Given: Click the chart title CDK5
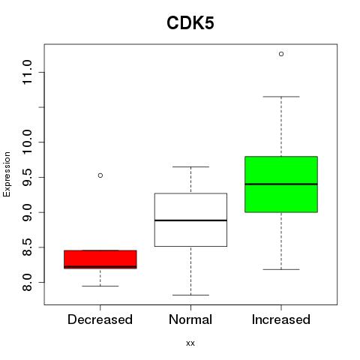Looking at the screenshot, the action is (x=190, y=23).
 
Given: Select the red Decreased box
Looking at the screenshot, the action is (x=100, y=259).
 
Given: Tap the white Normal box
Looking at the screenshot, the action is (x=190, y=220).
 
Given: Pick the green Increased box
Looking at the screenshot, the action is (x=281, y=184).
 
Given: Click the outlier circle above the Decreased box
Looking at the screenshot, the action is (x=100, y=175).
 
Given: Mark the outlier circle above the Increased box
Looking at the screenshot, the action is (x=281, y=54).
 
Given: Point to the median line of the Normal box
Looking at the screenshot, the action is (x=190, y=220).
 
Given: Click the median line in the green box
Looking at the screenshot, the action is (x=281, y=184).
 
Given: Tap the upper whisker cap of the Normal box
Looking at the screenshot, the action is (x=190, y=166).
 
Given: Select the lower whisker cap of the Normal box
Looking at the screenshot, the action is (x=190, y=295).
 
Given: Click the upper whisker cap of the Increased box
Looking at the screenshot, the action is (x=281, y=97).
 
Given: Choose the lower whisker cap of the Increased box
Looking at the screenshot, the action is (x=281, y=269).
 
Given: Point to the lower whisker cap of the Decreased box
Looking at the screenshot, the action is (x=100, y=286).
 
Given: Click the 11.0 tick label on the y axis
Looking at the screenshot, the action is (x=27, y=72).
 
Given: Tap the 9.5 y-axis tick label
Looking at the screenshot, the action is (x=27, y=177).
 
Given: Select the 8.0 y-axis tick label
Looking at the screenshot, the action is (x=27, y=282).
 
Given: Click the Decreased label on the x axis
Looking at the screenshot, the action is (x=100, y=319).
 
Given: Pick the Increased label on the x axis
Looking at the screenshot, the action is (x=281, y=319).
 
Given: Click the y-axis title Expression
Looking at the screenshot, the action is (x=7, y=174).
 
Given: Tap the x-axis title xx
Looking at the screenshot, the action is (x=190, y=343).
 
